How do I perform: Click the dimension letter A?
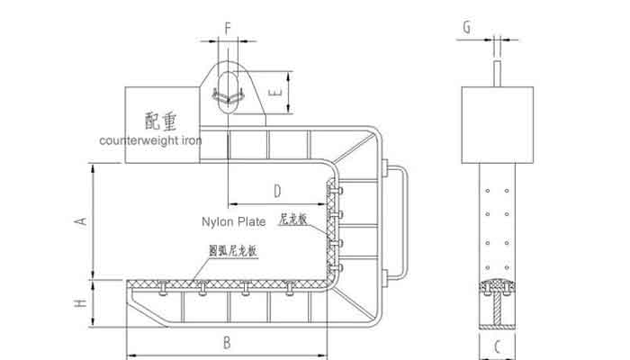(x=80, y=220)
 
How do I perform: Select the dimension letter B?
(x=227, y=342)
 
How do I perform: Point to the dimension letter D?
(x=277, y=190)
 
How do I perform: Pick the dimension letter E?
(x=278, y=93)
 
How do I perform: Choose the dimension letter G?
(x=466, y=27)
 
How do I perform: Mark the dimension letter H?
(x=81, y=303)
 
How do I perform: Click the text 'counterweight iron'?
(x=150, y=140)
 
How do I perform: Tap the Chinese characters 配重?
(x=161, y=120)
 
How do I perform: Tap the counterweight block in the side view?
(x=497, y=124)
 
